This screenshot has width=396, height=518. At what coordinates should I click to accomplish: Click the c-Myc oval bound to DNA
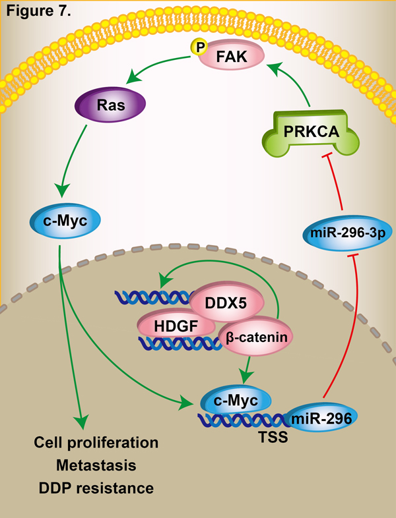pos(236,399)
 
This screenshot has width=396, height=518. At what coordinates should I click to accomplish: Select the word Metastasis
pos(96,465)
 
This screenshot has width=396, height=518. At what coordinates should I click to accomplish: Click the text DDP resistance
pos(96,488)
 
